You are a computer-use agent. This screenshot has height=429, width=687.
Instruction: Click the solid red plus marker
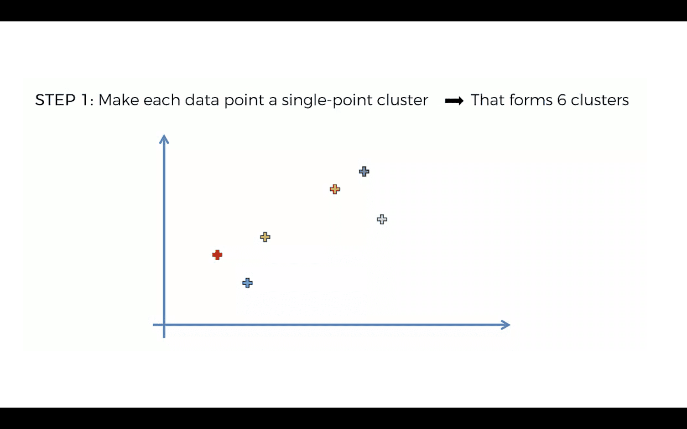pyautogui.click(x=217, y=255)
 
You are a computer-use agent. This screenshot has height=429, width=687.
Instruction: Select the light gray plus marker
pyautogui.click(x=382, y=219)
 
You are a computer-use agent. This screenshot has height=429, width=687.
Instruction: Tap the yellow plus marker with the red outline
pyautogui.click(x=335, y=189)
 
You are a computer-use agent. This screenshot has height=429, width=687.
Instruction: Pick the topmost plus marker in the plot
pyautogui.click(x=364, y=171)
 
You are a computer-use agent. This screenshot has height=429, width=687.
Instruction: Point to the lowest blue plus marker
pyautogui.click(x=247, y=283)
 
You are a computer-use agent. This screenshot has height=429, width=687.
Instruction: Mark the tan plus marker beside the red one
pyautogui.click(x=265, y=237)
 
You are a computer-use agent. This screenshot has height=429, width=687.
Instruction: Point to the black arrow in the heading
pyautogui.click(x=454, y=101)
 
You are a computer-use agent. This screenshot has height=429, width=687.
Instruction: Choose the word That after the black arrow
pyautogui.click(x=488, y=100)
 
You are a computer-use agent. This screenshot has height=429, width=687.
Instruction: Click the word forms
pyautogui.click(x=531, y=100)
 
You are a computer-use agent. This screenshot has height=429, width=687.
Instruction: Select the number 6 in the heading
pyautogui.click(x=562, y=100)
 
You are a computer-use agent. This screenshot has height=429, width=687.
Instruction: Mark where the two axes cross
pyautogui.click(x=164, y=325)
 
